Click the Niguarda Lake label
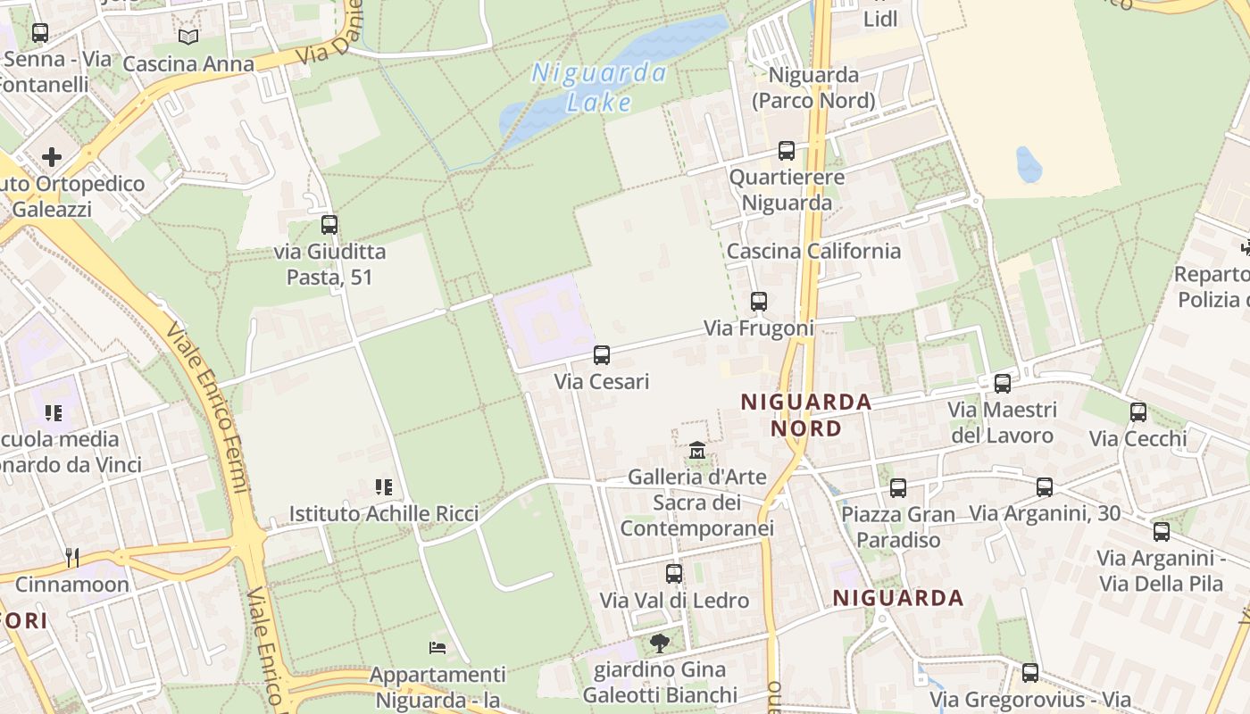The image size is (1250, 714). pos(599,87)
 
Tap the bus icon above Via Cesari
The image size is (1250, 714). pos(602,355)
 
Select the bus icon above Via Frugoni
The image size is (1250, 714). pos(759,302)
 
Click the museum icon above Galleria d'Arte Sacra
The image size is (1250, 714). pos(697,451)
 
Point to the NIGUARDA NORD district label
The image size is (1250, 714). pos(806,415)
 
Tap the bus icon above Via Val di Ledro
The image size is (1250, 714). pos(674,574)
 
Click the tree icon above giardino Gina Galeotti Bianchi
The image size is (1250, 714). pos(660,643)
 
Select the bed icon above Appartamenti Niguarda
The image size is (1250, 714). pos(437,647)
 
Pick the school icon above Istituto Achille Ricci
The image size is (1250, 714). pos(384,487)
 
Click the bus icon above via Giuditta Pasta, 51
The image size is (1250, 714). pos(329,225)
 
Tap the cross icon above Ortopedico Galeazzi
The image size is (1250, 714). pos(52,157)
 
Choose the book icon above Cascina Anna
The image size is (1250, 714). pos(188,37)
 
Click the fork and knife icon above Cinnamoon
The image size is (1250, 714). pos(72,558)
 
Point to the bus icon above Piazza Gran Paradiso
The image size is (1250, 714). pos(898,488)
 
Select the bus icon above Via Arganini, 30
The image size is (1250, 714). pos(1045,487)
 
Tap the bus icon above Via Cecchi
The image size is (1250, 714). pos(1138,412)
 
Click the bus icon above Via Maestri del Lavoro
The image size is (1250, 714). pos(1003,384)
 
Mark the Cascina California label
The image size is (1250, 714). pos(813,251)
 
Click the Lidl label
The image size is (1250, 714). pos(880,19)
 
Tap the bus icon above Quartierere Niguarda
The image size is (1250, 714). pos(787,151)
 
